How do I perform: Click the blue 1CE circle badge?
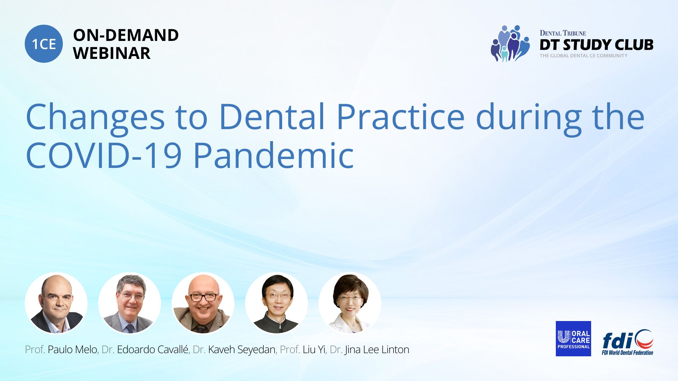44,44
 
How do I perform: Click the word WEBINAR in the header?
112,53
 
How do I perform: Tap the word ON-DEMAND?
126,35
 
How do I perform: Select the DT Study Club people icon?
510,43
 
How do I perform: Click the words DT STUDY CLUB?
596,45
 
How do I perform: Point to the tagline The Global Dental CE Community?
583,56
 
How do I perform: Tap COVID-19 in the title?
104,155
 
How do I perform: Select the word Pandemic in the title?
274,155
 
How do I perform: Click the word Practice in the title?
400,116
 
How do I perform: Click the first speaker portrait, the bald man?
56,303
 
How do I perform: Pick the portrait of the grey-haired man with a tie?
130,303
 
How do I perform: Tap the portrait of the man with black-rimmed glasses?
203,303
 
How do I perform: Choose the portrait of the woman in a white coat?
350,303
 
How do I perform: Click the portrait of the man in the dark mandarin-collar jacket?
276,303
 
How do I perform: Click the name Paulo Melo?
72,350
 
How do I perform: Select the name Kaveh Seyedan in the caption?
242,350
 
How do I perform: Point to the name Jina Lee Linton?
377,350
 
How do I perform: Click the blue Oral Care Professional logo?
573,339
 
